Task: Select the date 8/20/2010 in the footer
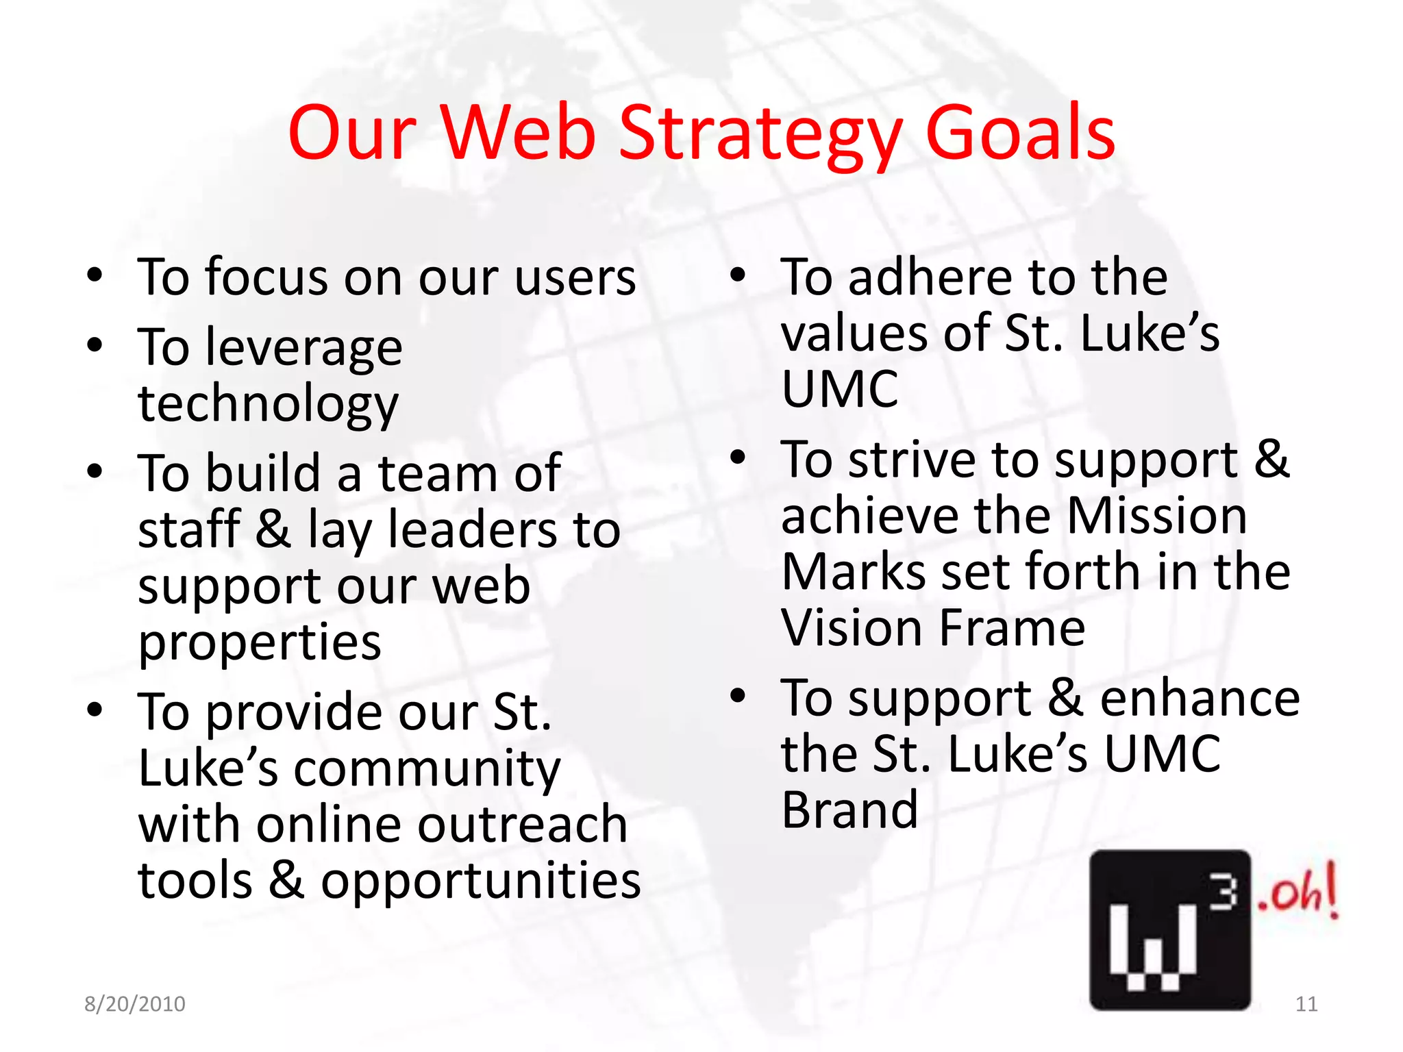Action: pos(135,1004)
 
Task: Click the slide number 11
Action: pos(1306,1004)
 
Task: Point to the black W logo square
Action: pos(1169,929)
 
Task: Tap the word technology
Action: pos(268,404)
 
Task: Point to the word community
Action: pos(427,768)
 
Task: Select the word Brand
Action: pos(849,810)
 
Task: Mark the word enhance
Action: pos(1200,698)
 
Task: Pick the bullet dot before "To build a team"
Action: pos(95,472)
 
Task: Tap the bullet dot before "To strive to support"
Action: pos(737,458)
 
